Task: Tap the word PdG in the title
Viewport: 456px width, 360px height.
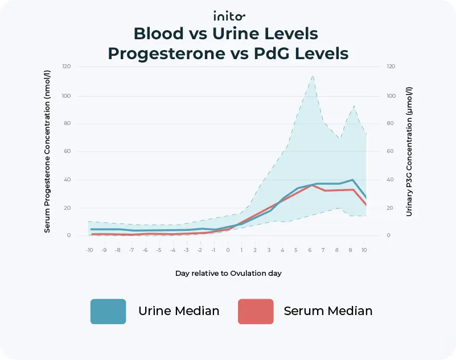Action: tap(270, 53)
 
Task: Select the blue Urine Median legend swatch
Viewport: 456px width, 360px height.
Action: tap(108, 311)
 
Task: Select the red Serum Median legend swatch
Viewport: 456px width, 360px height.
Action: tap(256, 311)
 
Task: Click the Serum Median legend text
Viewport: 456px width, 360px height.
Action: tap(328, 311)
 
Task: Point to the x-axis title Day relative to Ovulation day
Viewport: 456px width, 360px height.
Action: tap(228, 273)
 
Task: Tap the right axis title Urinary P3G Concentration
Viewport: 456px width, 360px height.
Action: tap(409, 152)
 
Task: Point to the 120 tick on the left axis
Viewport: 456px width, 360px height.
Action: tap(67, 67)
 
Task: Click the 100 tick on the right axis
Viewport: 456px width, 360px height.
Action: tap(391, 96)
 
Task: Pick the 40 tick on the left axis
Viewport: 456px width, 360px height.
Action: tap(67, 180)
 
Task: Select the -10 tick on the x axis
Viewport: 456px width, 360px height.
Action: tap(89, 250)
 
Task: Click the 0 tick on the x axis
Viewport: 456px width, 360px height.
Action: tap(228, 250)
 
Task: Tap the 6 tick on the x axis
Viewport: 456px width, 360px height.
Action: tap(310, 250)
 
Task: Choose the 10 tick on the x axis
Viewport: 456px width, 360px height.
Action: tap(365, 250)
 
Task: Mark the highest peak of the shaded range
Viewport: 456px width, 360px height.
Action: tap(313, 76)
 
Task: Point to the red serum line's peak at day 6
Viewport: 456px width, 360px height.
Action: tap(310, 185)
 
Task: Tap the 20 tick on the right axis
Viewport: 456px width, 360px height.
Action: tap(390, 208)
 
